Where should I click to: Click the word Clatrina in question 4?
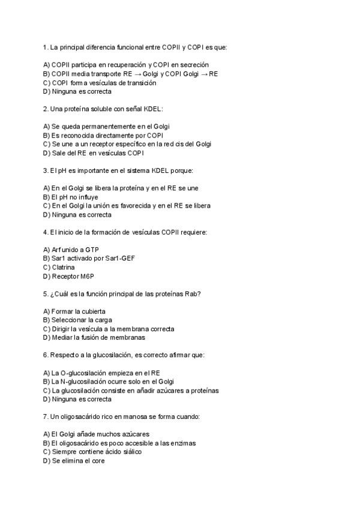click(62, 267)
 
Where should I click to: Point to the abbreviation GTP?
click(92, 249)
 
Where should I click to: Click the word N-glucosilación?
click(85, 382)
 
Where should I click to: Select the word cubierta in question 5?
click(94, 312)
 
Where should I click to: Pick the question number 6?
click(46, 355)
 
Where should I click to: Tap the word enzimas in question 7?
click(184, 443)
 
